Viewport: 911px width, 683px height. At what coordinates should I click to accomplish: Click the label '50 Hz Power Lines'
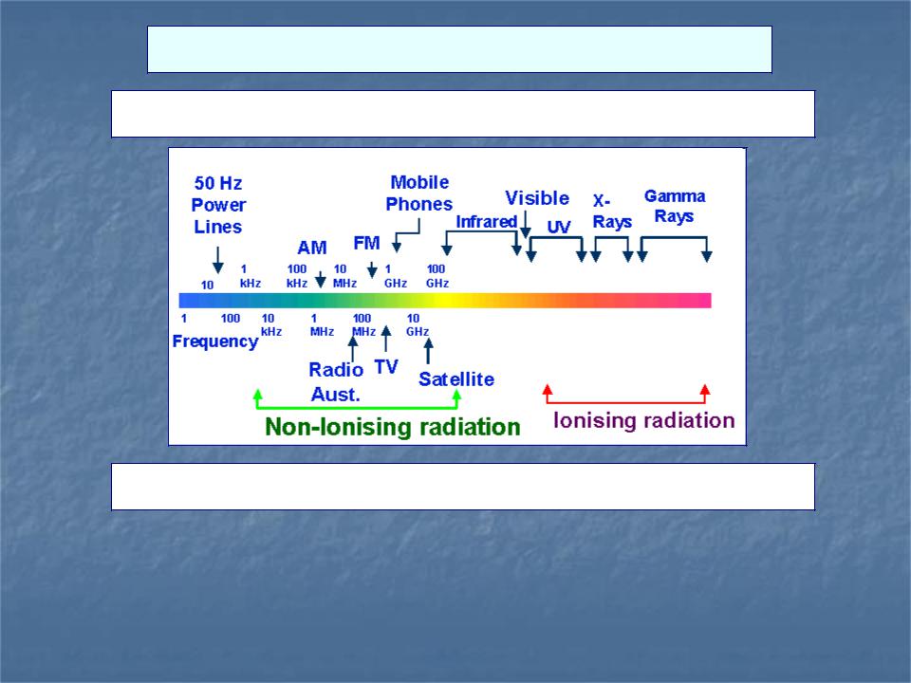(x=218, y=205)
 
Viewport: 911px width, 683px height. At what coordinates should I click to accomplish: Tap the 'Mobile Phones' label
(x=418, y=193)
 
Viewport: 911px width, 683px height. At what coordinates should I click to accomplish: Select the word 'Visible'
(x=537, y=198)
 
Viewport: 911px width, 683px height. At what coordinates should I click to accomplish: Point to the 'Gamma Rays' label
(x=675, y=206)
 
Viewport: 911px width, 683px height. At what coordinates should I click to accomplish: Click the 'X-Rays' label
(x=612, y=212)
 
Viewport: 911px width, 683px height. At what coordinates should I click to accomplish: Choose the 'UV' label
(x=559, y=227)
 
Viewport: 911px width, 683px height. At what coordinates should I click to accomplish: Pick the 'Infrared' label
(x=486, y=221)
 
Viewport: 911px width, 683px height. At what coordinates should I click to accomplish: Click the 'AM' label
(x=312, y=248)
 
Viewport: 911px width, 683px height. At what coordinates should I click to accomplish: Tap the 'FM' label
(x=366, y=243)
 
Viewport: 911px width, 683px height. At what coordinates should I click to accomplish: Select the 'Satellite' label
(x=456, y=379)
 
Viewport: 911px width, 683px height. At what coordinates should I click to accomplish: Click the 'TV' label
(x=386, y=367)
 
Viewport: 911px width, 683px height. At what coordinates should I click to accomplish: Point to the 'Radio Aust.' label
(x=336, y=381)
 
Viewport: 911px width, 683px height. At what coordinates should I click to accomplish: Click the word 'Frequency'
(x=215, y=341)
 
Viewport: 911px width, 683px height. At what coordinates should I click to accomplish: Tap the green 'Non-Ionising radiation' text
(x=392, y=427)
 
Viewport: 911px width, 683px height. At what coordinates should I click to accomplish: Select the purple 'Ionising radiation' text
(x=643, y=420)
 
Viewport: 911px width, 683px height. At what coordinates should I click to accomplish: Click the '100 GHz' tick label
(x=437, y=276)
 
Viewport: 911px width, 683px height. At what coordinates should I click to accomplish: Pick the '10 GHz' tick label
(x=418, y=324)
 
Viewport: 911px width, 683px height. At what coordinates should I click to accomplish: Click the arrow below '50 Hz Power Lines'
(x=218, y=260)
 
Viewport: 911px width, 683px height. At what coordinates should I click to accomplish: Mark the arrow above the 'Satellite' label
(x=428, y=351)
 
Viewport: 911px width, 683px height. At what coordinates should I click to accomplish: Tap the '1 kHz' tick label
(x=251, y=276)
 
